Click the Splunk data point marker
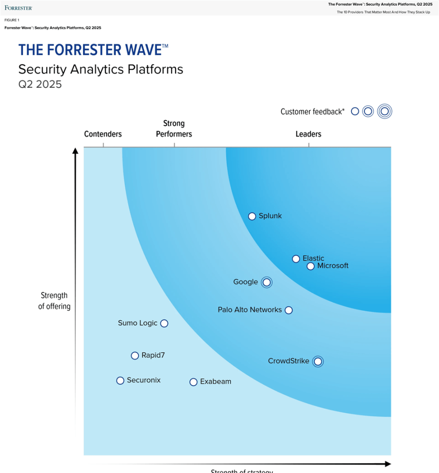(252, 216)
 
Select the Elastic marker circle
(296, 259)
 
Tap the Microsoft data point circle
(311, 266)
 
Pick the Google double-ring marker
(266, 282)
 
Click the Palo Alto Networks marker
(289, 310)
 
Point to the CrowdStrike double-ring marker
(317, 362)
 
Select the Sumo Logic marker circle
(164, 323)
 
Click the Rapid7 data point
(135, 356)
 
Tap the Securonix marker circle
(120, 381)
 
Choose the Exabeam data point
(194, 382)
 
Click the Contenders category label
(103, 134)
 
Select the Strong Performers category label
(174, 129)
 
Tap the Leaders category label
(308, 134)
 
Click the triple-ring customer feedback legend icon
(384, 111)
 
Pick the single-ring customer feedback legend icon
(355, 111)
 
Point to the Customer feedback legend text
(312, 111)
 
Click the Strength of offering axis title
(55, 301)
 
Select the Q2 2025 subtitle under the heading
(40, 85)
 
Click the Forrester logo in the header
(18, 8)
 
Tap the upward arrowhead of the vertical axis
(75, 151)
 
